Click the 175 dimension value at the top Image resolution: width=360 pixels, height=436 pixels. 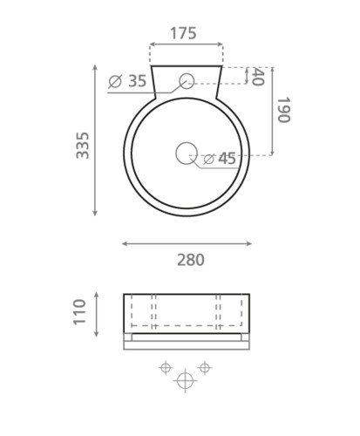183,34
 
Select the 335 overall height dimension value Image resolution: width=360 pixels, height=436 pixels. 83,144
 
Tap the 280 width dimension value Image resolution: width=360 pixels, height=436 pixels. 190,260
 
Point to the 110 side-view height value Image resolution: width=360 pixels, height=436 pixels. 79,312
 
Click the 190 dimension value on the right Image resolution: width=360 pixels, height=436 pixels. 282,109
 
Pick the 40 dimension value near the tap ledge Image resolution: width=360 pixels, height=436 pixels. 257,77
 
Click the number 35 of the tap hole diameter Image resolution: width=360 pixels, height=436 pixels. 137,81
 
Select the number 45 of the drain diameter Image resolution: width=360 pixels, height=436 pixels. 227,159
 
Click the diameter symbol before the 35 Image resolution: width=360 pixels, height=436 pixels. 115,82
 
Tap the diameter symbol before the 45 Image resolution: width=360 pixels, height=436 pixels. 208,159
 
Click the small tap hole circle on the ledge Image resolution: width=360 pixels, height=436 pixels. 186,82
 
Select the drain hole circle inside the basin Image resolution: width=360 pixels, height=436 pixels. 186,153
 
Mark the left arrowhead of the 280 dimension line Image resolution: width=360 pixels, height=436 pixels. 125,243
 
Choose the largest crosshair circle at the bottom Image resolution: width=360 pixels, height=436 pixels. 185,380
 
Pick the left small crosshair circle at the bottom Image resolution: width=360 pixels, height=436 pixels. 165,368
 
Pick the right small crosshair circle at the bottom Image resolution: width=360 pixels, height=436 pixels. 205,368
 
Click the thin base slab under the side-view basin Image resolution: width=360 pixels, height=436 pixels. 186,344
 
